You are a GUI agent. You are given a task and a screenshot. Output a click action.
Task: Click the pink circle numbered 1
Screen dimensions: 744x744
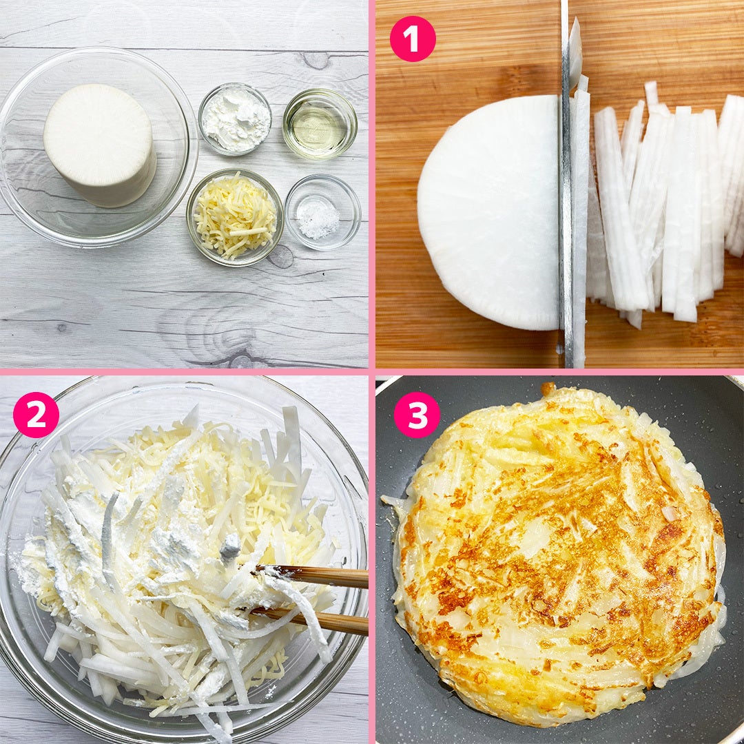(413, 39)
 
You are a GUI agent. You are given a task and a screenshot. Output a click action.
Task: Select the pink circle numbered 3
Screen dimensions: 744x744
(416, 415)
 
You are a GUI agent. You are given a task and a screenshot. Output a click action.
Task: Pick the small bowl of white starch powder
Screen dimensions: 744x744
(235, 119)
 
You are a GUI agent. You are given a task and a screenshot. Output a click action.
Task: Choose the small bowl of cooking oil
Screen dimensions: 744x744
(320, 123)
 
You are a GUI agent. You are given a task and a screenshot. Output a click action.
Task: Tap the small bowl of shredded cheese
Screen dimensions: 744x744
(235, 217)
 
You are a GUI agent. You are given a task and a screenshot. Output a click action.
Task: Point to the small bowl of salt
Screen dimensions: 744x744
(322, 211)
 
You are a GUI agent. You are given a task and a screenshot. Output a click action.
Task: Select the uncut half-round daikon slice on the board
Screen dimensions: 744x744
(488, 213)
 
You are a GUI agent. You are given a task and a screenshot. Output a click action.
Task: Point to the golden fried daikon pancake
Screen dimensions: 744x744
(557, 552)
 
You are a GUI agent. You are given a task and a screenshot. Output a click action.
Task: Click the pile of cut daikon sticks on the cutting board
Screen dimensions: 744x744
(664, 204)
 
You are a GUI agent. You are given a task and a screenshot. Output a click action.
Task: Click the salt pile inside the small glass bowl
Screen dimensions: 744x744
(319, 219)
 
